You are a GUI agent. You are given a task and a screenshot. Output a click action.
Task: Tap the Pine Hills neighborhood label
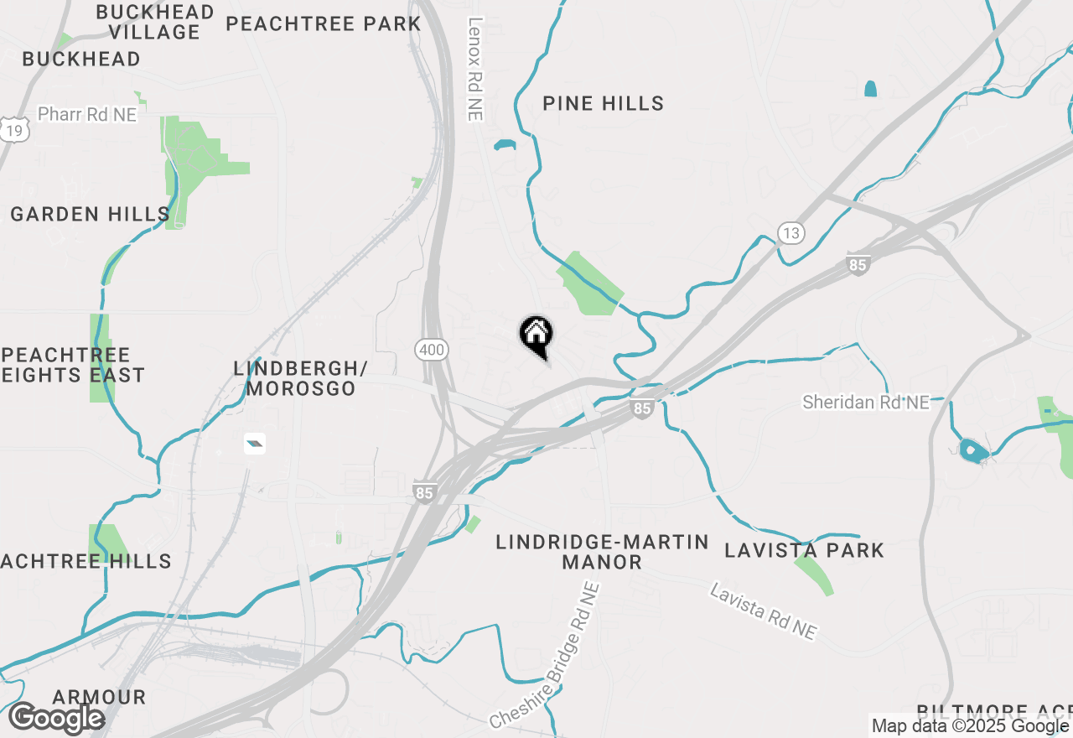(x=603, y=104)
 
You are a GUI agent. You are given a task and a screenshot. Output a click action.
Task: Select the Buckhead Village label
(x=154, y=23)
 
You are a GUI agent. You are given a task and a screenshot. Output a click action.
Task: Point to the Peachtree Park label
(x=323, y=23)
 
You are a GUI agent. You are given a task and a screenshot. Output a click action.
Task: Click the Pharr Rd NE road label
(x=87, y=114)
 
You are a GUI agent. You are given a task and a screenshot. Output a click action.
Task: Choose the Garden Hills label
(x=91, y=215)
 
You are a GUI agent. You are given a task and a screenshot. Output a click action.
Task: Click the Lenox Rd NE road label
(x=475, y=70)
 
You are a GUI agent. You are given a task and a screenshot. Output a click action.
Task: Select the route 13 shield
(x=790, y=232)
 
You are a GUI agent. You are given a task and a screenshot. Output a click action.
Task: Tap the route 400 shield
(x=432, y=350)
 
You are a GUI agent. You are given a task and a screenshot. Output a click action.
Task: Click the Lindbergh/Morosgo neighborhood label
(x=301, y=378)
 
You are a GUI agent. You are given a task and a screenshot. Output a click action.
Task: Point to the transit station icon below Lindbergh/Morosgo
(x=255, y=444)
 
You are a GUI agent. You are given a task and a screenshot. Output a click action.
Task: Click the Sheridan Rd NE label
(x=866, y=403)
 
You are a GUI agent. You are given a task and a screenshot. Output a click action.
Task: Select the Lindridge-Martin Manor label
(x=602, y=552)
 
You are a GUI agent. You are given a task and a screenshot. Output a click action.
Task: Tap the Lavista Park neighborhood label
(x=804, y=551)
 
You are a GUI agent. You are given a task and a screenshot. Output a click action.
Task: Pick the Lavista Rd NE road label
(x=763, y=612)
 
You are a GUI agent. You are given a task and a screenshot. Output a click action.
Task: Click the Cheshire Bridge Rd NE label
(x=546, y=656)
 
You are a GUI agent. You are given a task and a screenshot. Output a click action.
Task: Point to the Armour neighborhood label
(x=99, y=698)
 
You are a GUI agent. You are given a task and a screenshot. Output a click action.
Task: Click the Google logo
(x=56, y=719)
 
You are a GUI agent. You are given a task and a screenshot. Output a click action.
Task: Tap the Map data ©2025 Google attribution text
(x=970, y=726)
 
